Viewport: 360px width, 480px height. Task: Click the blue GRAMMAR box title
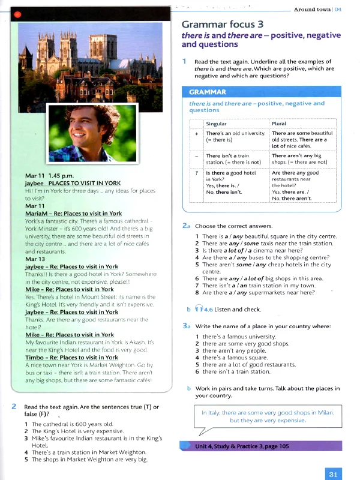click(208, 92)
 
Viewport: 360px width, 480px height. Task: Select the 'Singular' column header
click(217, 124)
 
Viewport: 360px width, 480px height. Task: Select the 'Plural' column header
click(279, 124)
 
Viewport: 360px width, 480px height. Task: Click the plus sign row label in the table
click(196, 133)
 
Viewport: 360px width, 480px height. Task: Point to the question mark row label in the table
click(196, 173)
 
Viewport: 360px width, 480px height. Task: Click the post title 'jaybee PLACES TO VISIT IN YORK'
click(73, 183)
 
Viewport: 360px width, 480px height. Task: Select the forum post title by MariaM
click(73, 214)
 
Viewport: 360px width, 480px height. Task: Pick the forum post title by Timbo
click(71, 358)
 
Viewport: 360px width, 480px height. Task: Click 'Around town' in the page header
click(313, 10)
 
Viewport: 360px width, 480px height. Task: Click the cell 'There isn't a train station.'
click(227, 158)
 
